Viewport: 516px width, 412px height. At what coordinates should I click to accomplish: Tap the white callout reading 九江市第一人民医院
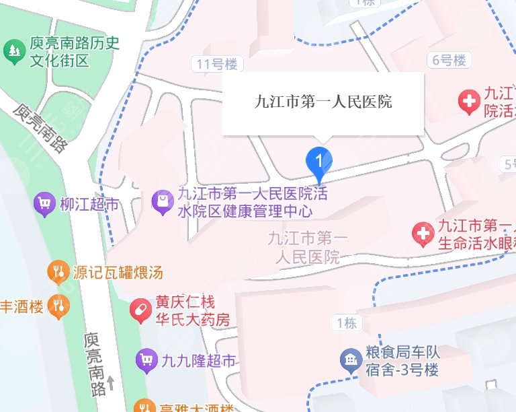323,102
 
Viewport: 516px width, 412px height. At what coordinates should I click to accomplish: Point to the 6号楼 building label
449,61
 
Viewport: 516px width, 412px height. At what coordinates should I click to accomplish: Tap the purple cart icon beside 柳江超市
44,204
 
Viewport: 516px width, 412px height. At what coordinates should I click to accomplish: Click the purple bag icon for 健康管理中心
162,201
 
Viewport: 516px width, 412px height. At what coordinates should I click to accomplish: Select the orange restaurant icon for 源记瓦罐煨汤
58,273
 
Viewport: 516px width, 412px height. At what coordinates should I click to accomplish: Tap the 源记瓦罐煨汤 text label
118,273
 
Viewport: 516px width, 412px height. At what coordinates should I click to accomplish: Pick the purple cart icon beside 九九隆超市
146,362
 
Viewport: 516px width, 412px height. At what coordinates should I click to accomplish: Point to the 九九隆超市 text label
199,362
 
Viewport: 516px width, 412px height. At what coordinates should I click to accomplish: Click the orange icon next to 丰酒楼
58,306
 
